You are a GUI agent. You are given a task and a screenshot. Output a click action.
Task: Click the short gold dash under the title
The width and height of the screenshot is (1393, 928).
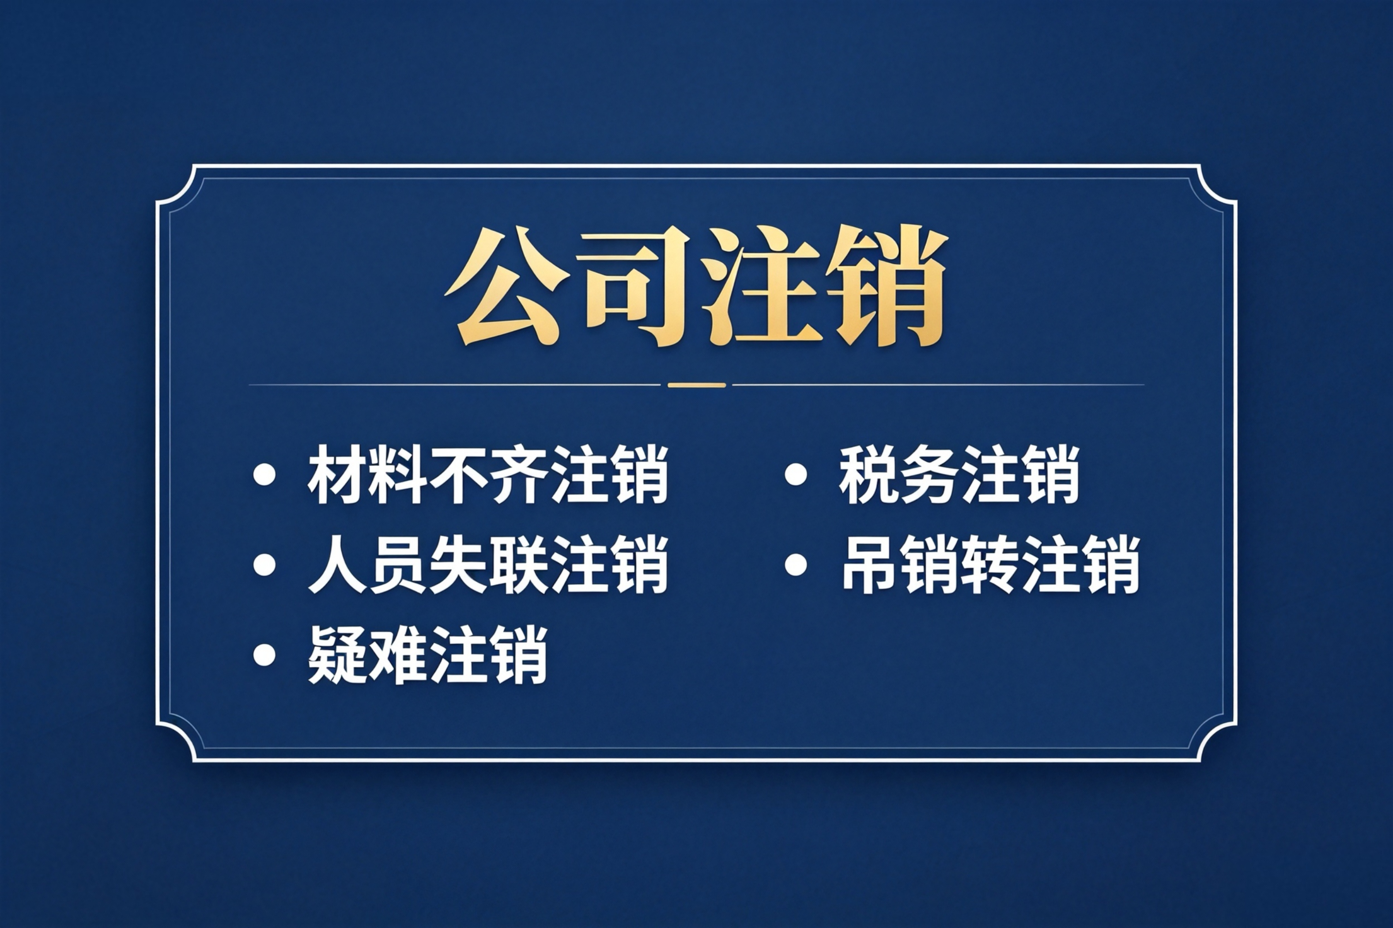[x=697, y=385]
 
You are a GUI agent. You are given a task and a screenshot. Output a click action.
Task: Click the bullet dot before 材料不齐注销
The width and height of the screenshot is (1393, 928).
[x=264, y=475]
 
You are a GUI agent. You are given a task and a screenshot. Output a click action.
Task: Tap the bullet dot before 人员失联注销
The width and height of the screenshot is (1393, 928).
[x=264, y=564]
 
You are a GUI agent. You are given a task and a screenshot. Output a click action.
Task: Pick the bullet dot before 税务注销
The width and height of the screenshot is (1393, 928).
[x=796, y=475]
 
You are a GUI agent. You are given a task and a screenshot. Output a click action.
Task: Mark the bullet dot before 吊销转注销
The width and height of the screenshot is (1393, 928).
[x=796, y=564]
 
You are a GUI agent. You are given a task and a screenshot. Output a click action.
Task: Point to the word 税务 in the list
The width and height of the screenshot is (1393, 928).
[x=899, y=475]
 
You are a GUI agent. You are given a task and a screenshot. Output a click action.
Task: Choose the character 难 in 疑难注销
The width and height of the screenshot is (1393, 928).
[x=398, y=655]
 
